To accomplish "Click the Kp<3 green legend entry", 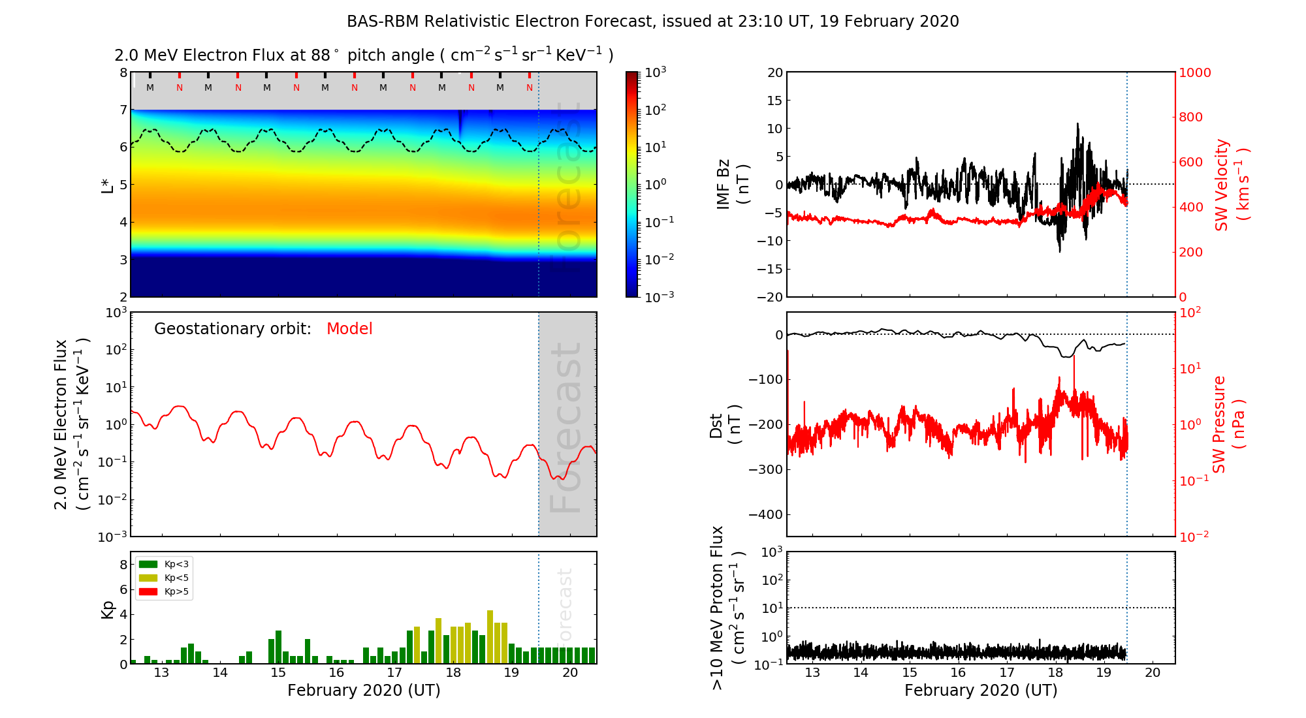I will click(x=164, y=564).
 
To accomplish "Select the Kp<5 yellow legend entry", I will click(x=164, y=578).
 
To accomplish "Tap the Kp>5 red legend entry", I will click(x=164, y=592).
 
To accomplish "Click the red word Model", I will click(x=349, y=329).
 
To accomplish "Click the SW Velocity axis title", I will click(x=1230, y=184).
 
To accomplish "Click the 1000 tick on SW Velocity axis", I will click(x=1194, y=72).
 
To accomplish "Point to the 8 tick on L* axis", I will click(x=123, y=72).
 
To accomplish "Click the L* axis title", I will click(x=107, y=185).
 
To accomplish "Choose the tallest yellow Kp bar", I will click(x=490, y=636).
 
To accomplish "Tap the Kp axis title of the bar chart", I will click(x=108, y=609).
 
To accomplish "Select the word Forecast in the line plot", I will click(x=565, y=428).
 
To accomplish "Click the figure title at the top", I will click(x=652, y=22).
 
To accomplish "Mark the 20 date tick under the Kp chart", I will click(x=570, y=673).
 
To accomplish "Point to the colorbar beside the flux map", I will click(x=632, y=184).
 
